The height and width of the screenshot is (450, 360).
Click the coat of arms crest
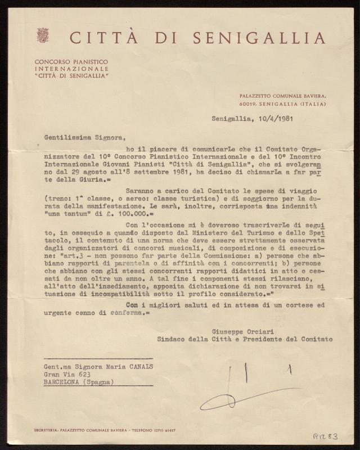[42, 35]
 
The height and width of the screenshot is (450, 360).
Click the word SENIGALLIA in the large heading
[259, 38]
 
